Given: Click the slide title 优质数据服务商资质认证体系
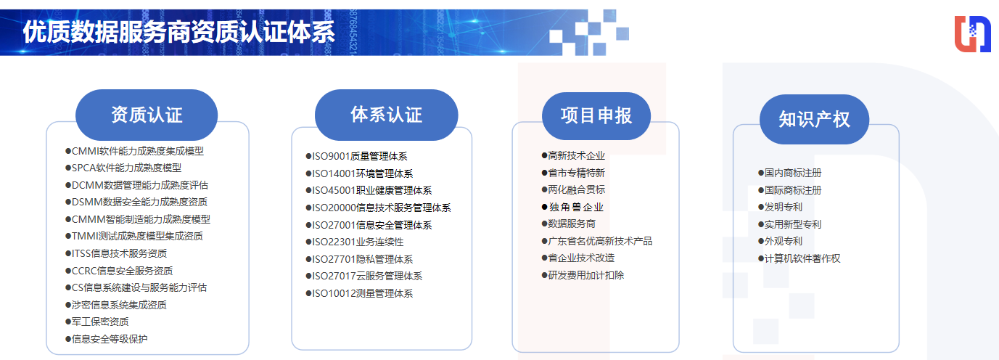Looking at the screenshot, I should point(178,33).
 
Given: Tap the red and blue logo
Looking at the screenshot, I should point(971,34).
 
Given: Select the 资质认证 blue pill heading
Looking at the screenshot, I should point(147,115).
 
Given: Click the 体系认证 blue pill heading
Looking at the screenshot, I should point(386,115).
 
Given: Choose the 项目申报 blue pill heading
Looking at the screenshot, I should point(596,115).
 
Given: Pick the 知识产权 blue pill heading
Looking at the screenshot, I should point(814,119).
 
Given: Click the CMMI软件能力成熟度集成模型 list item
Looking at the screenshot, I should point(138,151).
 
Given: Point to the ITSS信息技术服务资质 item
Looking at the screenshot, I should point(119,253).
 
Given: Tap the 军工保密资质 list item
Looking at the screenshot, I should point(100,322).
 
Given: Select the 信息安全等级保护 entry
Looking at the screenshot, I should point(110,338).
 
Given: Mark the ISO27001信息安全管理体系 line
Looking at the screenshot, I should point(371,225).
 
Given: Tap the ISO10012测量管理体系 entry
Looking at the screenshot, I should point(362,293).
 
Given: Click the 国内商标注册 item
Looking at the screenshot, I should point(793,173).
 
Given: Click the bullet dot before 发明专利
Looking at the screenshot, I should point(760,207).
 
